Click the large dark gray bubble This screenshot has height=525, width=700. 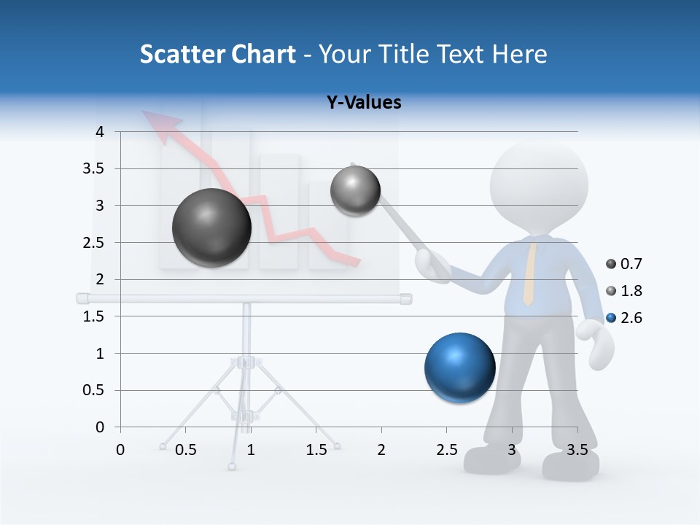pos(211,227)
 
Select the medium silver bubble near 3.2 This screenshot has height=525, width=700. pos(355,191)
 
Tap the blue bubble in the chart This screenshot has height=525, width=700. pos(459,368)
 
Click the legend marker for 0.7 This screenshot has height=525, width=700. pos(611,264)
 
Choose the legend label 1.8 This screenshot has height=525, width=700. pos(631,291)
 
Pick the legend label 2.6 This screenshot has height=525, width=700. pos(631,318)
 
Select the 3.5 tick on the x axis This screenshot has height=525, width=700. pos(577,450)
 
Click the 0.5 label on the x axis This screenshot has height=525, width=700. pos(186,450)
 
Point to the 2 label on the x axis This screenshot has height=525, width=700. pos(381,450)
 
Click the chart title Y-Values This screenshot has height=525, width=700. pos(364,103)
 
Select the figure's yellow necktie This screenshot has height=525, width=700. pos(531,273)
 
